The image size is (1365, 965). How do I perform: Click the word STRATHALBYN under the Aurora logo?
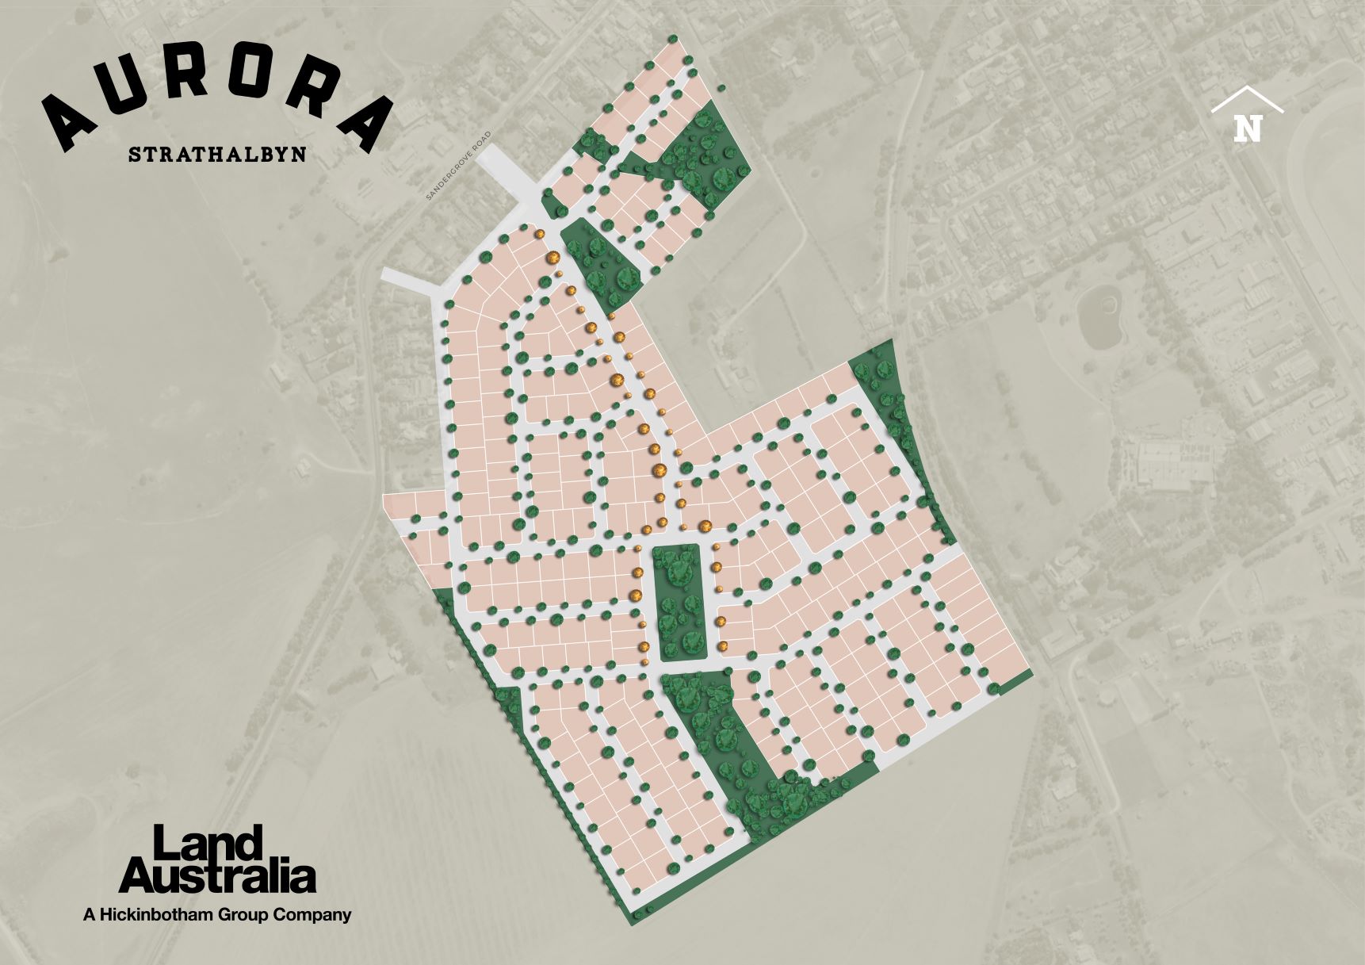(x=216, y=154)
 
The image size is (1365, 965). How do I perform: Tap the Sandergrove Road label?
(x=459, y=166)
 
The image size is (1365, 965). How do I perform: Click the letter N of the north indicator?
(x=1247, y=128)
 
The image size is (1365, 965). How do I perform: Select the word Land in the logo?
(x=207, y=844)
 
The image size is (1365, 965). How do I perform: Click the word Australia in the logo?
(x=217, y=877)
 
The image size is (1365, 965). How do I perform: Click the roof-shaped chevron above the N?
(x=1247, y=100)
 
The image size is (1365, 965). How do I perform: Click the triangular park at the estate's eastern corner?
(x=887, y=389)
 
